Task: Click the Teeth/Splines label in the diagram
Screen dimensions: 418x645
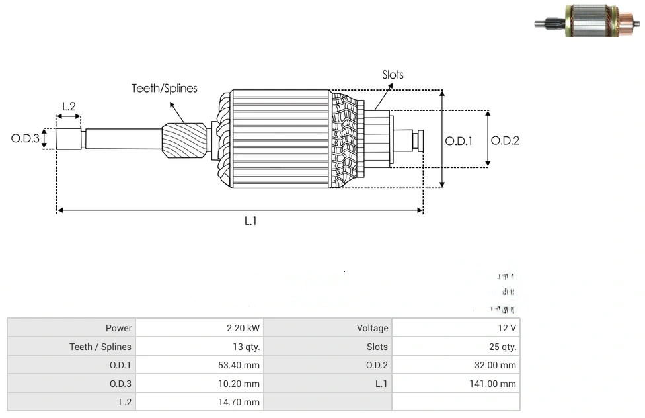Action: (165, 88)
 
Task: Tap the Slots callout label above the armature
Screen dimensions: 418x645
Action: (393, 75)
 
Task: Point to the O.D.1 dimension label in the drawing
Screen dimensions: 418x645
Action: (459, 140)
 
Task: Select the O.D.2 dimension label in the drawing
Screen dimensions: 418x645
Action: (506, 140)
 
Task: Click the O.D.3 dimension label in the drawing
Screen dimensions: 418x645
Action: (25, 139)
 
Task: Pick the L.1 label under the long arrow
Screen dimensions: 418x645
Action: (250, 221)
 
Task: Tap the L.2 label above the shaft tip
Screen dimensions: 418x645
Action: (69, 106)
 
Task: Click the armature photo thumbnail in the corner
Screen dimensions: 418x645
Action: (586, 21)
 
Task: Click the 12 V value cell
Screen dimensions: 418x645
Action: (508, 328)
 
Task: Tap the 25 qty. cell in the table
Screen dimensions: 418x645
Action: (503, 347)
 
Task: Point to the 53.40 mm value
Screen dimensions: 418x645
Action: (242, 365)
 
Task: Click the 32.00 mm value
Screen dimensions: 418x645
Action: (499, 365)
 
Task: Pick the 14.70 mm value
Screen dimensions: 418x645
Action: (242, 402)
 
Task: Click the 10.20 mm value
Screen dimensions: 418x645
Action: (242, 384)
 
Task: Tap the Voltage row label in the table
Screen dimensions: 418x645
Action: (373, 328)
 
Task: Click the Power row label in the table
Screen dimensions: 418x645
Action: (119, 328)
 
